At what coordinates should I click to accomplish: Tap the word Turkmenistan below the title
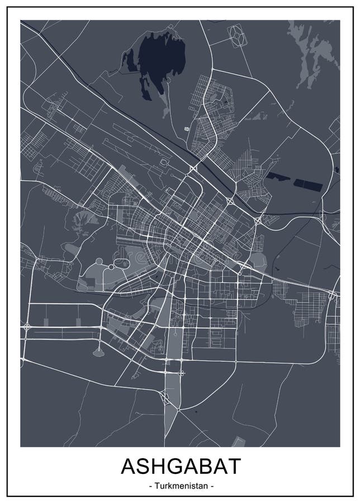pyautogui.click(x=179, y=486)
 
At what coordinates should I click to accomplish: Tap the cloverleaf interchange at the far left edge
pyautogui.click(x=26, y=327)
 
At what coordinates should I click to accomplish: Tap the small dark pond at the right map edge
pyautogui.click(x=337, y=170)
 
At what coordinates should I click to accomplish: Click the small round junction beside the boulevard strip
pyautogui.click(x=182, y=373)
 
